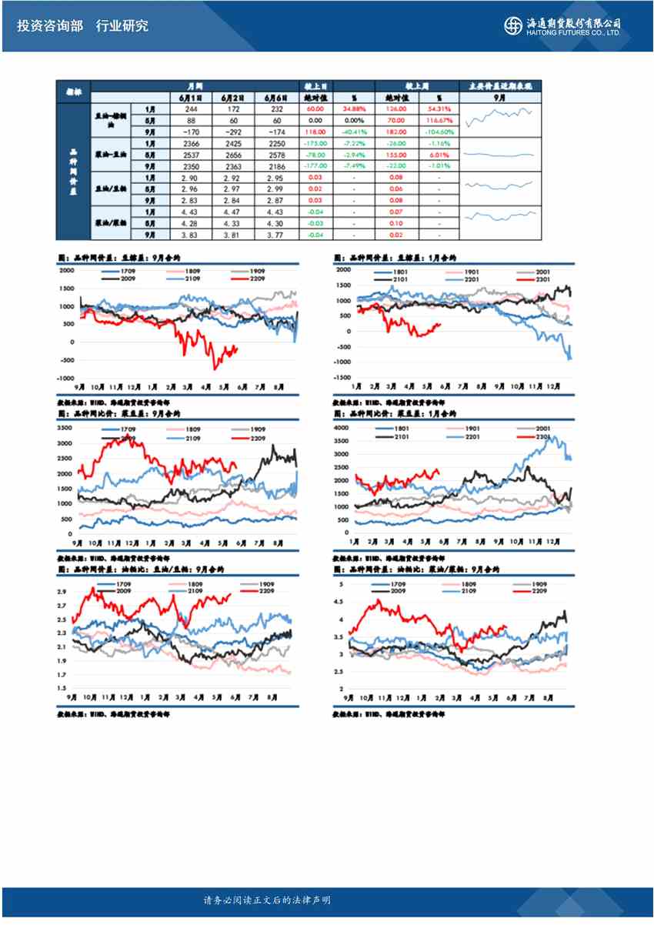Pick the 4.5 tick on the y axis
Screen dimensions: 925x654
pyautogui.click(x=342, y=603)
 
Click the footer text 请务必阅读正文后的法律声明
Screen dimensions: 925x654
pyautogui.click(x=266, y=900)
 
